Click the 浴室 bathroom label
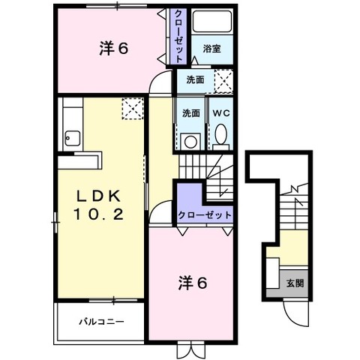(x=211, y=49)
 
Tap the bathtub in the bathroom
(x=212, y=22)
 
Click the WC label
(x=221, y=113)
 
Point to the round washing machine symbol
(x=190, y=142)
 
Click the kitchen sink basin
(x=73, y=139)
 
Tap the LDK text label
(x=99, y=196)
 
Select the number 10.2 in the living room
(x=98, y=214)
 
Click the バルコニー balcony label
(x=101, y=321)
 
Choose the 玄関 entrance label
(x=295, y=283)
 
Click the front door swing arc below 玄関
(x=292, y=317)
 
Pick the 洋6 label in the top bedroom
(x=113, y=49)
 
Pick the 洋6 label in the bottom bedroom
(x=193, y=283)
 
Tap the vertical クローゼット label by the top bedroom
(x=178, y=36)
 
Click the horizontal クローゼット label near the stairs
(x=205, y=215)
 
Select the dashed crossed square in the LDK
(x=133, y=109)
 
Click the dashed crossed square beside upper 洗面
(x=223, y=81)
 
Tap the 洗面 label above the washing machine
(x=191, y=113)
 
